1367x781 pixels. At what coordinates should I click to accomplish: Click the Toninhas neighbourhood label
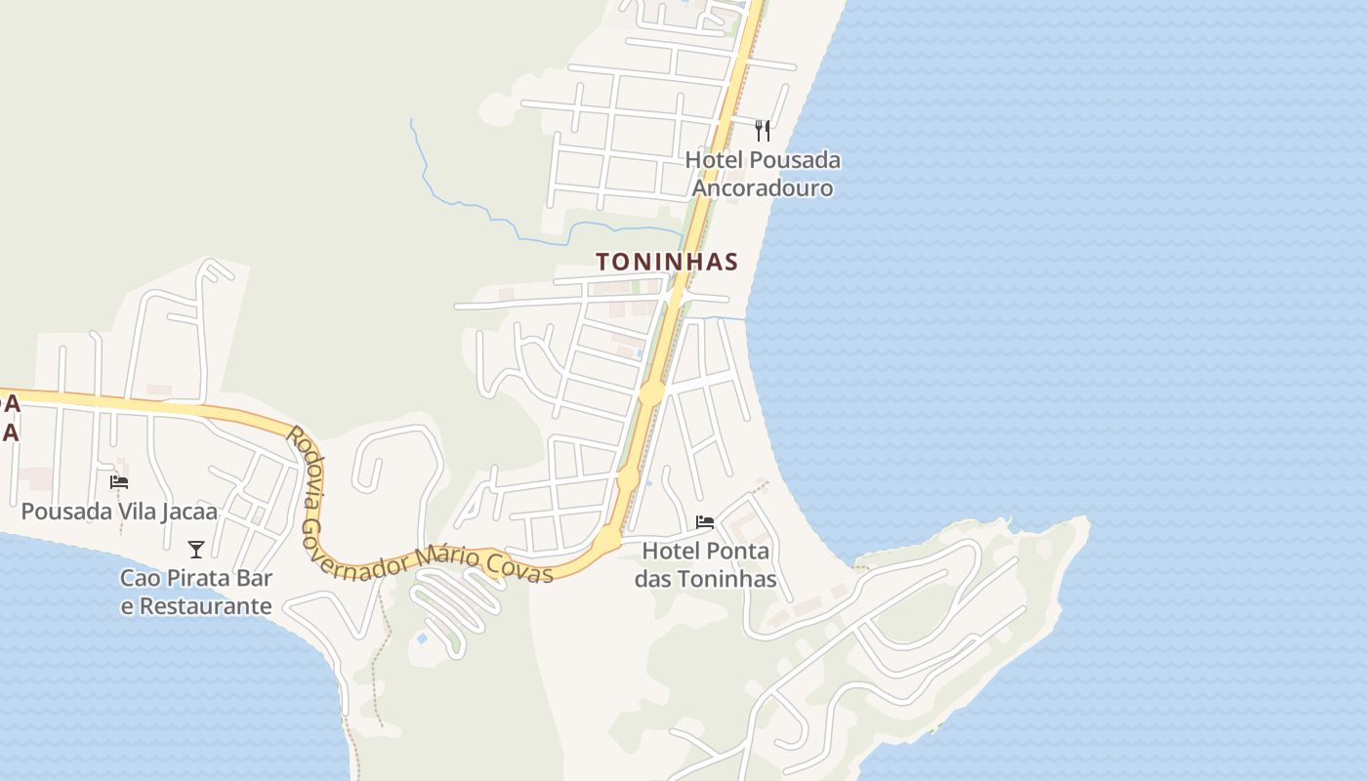tap(667, 262)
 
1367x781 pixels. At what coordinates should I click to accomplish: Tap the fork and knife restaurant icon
tap(763, 131)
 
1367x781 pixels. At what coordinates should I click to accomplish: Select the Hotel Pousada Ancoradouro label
tap(763, 174)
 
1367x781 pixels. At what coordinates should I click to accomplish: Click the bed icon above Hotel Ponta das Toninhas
tap(705, 522)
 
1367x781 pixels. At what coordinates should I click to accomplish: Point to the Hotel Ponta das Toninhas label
tap(706, 565)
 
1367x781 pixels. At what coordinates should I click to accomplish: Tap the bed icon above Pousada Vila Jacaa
tap(119, 481)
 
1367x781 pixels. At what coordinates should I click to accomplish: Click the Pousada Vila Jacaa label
tap(119, 512)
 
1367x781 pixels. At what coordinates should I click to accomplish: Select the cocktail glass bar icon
tap(196, 550)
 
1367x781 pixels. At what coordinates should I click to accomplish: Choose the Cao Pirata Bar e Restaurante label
tap(196, 592)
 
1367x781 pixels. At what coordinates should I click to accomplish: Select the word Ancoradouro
tap(763, 188)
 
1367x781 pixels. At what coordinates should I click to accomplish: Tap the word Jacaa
tap(189, 512)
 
